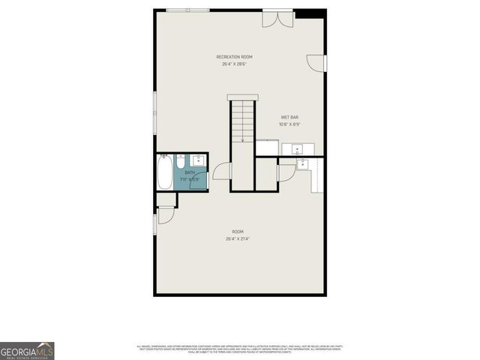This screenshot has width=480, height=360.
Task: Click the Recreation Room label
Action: (x=234, y=57)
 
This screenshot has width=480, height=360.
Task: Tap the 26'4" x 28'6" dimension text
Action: (x=234, y=64)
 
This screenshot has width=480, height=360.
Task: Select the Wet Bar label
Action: (x=289, y=117)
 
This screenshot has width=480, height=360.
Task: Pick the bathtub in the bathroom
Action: (x=165, y=172)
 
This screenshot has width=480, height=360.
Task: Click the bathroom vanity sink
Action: (x=198, y=160)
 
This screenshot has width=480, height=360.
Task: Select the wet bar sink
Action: (x=297, y=148)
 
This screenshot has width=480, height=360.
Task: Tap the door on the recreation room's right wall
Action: (x=318, y=64)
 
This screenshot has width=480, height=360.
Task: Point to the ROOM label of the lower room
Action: (x=237, y=232)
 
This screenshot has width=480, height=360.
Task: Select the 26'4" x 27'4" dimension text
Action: (x=237, y=239)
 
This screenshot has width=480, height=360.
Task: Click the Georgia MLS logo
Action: (x=27, y=350)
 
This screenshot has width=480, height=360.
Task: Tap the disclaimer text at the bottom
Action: (x=239, y=349)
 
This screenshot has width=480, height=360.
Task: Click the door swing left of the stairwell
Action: (x=221, y=172)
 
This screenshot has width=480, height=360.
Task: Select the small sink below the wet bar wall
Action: (x=302, y=164)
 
